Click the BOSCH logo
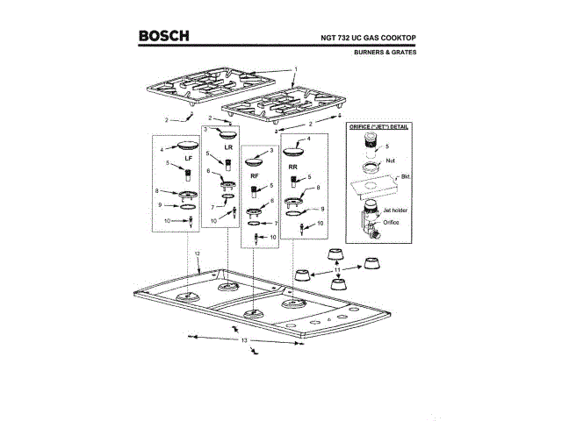click(163, 36)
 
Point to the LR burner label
click(227, 147)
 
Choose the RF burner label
click(255, 176)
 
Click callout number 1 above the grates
click(296, 68)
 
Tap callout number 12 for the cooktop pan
click(198, 253)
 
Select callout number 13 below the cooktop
click(246, 339)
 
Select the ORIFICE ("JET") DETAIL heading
click(380, 128)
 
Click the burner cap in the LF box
click(188, 146)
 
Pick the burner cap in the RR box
click(294, 149)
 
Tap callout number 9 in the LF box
click(160, 205)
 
